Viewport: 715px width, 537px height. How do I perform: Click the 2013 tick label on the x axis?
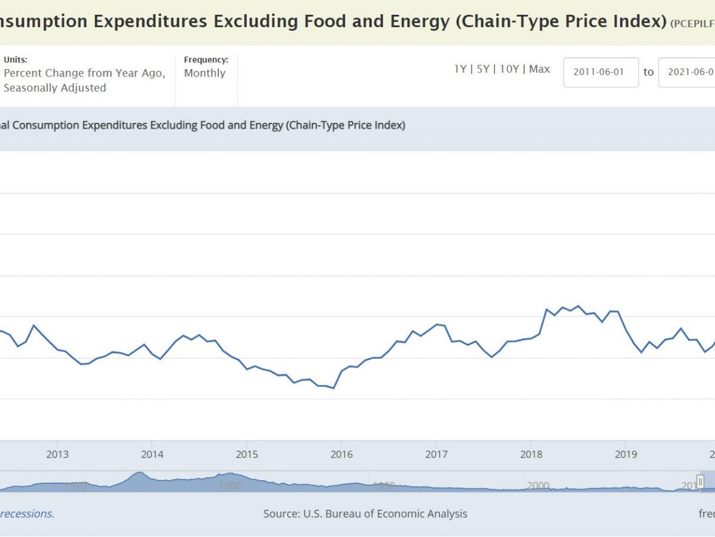click(x=57, y=455)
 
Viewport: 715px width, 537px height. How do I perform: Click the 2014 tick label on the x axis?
click(x=152, y=455)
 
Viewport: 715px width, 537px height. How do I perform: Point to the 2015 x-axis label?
click(x=247, y=455)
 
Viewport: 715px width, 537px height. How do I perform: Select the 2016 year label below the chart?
click(x=341, y=455)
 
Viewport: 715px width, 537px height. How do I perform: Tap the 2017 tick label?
click(x=436, y=455)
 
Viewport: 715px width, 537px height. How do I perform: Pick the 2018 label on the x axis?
click(x=531, y=455)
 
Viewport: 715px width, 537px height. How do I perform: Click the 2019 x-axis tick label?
click(x=626, y=455)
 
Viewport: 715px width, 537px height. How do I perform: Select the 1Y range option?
click(x=460, y=69)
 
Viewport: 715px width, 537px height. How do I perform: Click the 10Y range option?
click(x=509, y=69)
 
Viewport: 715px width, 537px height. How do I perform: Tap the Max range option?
click(x=539, y=69)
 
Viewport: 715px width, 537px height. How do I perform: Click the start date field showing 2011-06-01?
click(x=600, y=72)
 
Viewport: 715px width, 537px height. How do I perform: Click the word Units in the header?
click(x=15, y=60)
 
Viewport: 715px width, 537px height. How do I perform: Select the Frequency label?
click(x=206, y=60)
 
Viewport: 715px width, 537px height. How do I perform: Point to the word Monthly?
click(x=205, y=73)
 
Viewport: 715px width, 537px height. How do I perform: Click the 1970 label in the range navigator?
click(x=75, y=486)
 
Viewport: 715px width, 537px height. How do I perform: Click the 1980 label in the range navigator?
click(x=230, y=486)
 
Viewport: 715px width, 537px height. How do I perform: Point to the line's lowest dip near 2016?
click(x=333, y=388)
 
